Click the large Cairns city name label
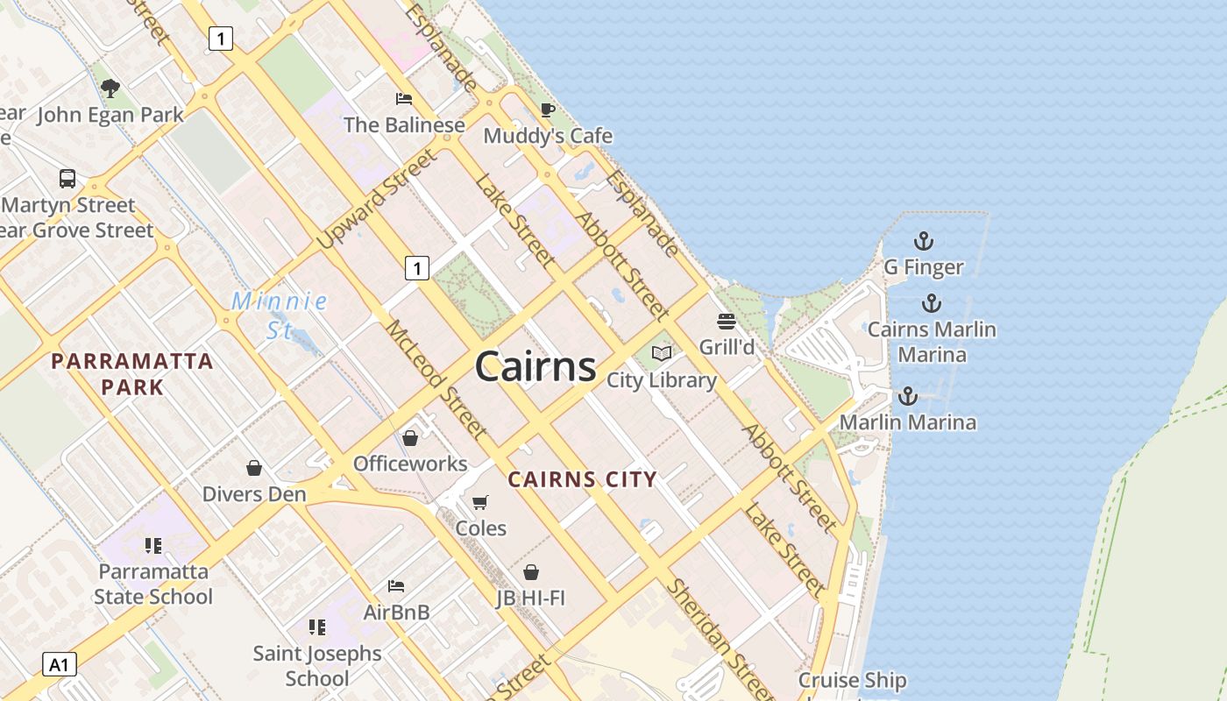coord(535,366)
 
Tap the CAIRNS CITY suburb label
coord(583,479)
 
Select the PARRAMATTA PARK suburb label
coord(132,373)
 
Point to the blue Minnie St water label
coord(280,315)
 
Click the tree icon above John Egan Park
coord(110,88)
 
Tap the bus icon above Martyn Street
coord(67,179)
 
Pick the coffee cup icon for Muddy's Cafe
coord(548,110)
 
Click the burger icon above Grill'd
coord(726,322)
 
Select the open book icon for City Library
coord(662,354)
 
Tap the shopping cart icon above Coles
coord(479,503)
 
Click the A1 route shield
coord(59,664)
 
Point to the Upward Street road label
coord(377,199)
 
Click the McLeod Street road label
coord(436,379)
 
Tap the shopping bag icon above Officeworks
coord(409,437)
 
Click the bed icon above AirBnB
coord(396,585)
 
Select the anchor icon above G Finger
coord(923,241)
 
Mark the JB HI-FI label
coord(530,598)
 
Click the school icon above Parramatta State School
coord(153,546)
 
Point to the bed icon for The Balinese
coord(403,98)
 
